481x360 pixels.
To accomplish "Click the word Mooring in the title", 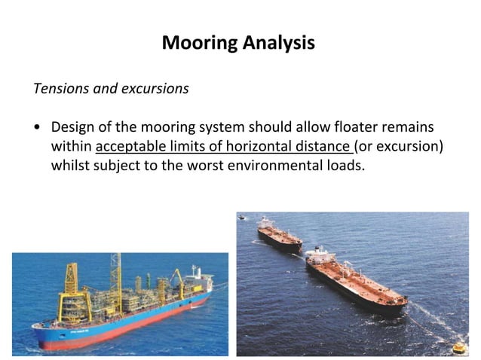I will (x=199, y=43).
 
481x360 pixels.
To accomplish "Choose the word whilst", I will (x=70, y=164).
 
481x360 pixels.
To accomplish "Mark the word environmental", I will (x=274, y=164).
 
